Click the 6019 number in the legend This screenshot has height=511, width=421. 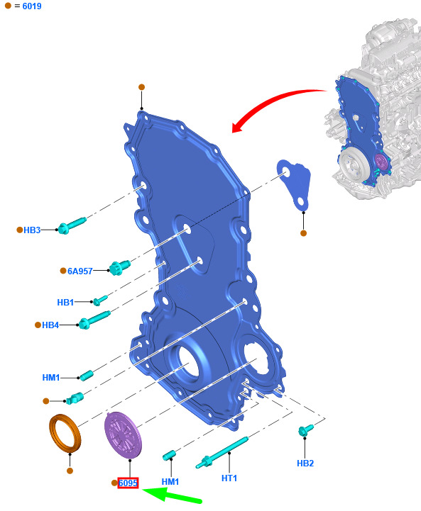(32, 6)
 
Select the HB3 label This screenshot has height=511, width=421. (32, 230)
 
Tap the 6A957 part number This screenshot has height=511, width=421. (80, 271)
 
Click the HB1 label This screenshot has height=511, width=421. (65, 303)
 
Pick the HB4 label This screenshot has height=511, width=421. (50, 325)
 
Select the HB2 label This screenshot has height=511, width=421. (305, 463)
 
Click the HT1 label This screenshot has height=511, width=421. (229, 478)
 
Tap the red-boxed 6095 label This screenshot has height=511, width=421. (128, 483)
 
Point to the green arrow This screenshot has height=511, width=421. (173, 495)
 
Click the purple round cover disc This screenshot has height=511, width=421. (123, 434)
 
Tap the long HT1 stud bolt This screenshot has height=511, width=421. (222, 452)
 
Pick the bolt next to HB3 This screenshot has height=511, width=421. (72, 225)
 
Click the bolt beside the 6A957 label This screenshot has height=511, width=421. (119, 267)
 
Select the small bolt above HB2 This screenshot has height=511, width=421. (305, 430)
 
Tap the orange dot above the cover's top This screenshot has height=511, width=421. (142, 87)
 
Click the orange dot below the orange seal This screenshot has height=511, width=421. (70, 471)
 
